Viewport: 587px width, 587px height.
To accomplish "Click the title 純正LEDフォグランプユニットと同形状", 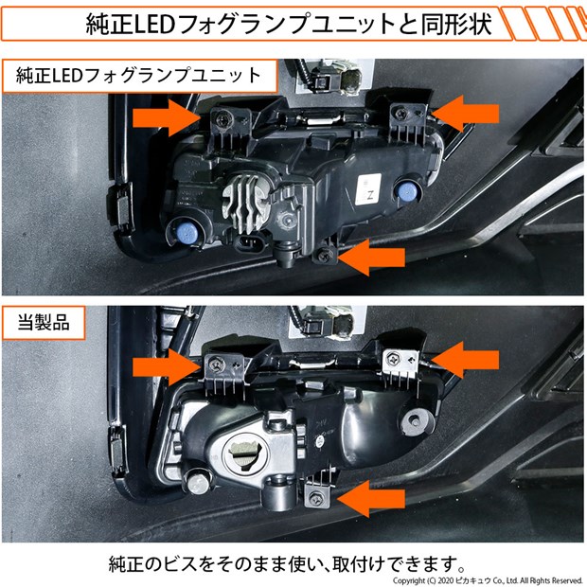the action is [x=288, y=24].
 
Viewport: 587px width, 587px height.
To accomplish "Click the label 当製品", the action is [x=44, y=322].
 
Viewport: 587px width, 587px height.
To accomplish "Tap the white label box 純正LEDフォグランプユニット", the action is [x=139, y=76].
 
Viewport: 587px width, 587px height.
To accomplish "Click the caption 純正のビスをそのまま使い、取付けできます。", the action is [x=288, y=564].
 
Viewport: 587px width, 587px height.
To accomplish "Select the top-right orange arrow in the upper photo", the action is [x=465, y=113].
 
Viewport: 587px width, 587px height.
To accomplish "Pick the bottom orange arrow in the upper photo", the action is [x=371, y=258].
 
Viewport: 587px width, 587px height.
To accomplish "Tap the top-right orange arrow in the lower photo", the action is [x=465, y=360].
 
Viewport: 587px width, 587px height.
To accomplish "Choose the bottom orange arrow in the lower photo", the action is [x=371, y=499].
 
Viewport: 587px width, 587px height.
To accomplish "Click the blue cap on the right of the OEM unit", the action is [x=406, y=191].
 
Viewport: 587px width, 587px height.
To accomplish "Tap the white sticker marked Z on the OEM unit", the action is [x=368, y=189].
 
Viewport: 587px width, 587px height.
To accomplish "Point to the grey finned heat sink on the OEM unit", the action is [x=243, y=204].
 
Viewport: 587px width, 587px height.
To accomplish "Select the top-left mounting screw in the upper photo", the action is [x=222, y=119].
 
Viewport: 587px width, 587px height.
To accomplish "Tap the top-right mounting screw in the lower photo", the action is [x=394, y=358].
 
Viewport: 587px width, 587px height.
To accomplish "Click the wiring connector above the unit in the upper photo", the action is [x=335, y=78].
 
